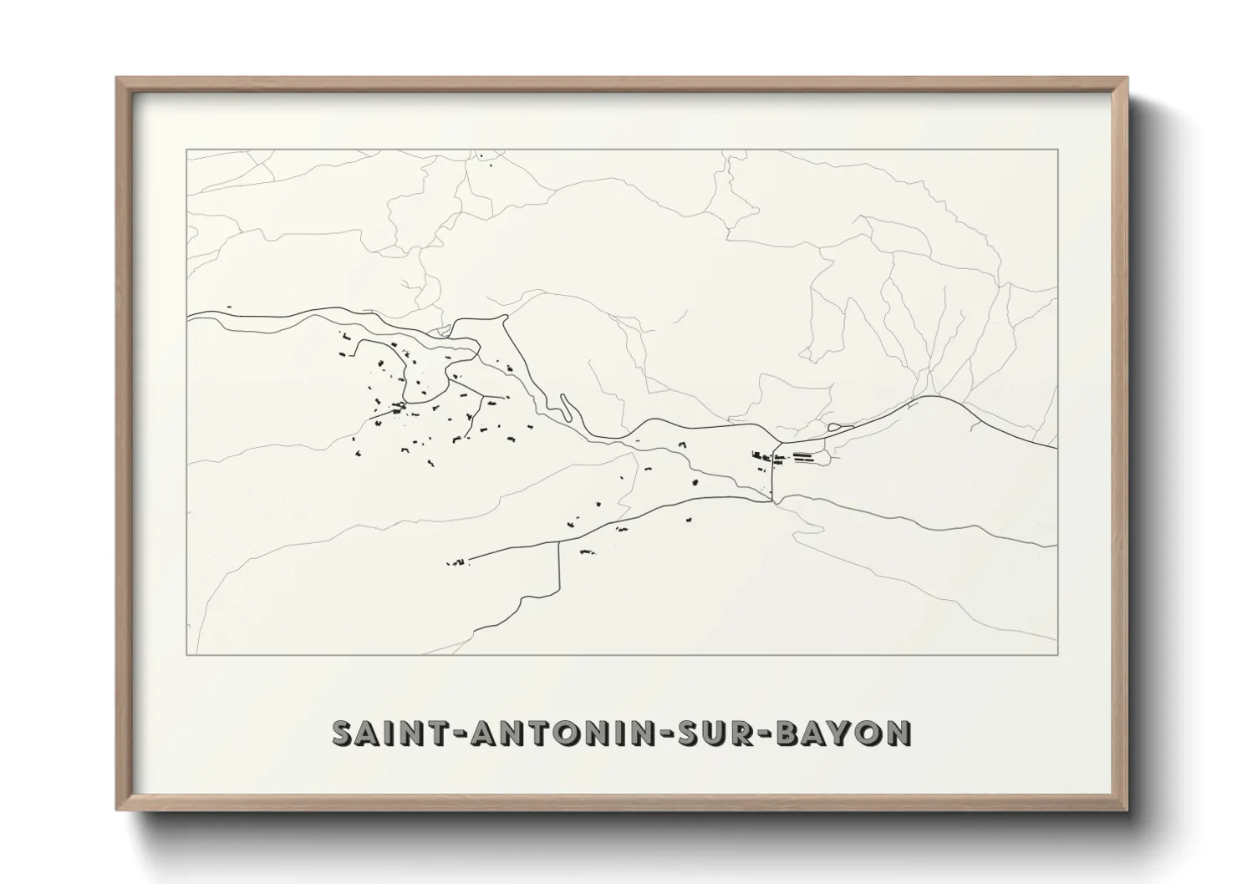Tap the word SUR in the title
click(720, 733)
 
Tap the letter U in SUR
click(719, 733)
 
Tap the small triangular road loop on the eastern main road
click(835, 429)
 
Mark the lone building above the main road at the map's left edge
click(228, 307)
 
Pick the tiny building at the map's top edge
click(481, 155)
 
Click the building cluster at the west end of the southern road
click(458, 562)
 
